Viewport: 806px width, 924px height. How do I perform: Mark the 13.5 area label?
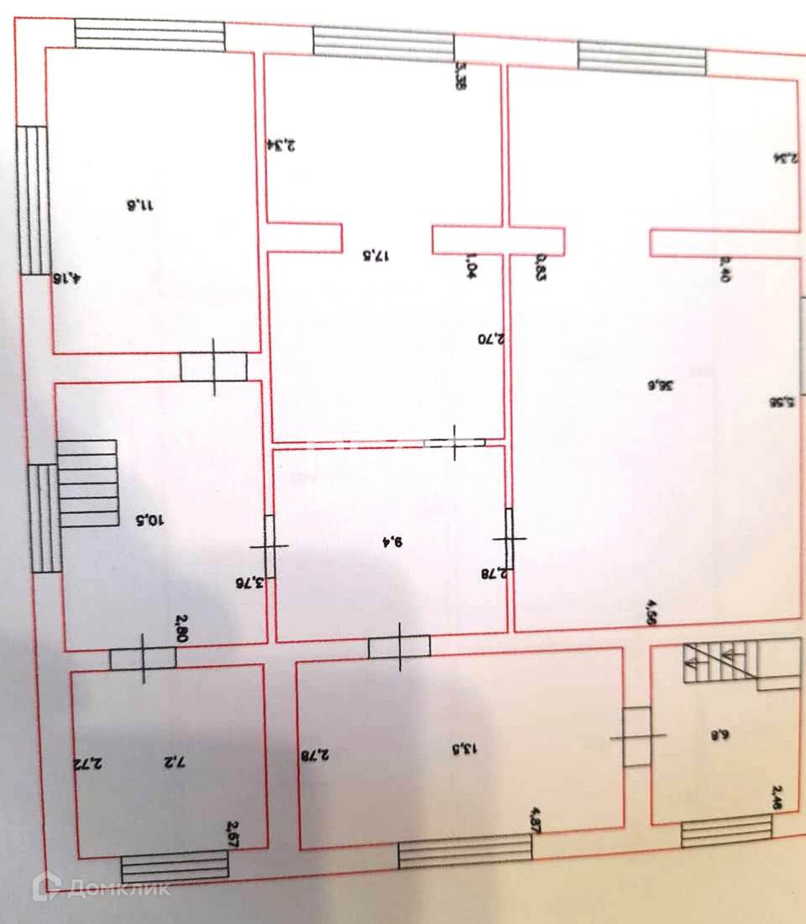click(x=446, y=744)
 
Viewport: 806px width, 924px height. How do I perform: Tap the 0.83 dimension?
click(x=540, y=269)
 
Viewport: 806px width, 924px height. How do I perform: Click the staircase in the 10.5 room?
click(x=87, y=483)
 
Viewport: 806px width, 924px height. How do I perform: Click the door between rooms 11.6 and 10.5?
click(x=213, y=367)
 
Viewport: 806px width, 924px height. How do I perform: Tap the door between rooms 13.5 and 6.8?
click(x=637, y=736)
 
